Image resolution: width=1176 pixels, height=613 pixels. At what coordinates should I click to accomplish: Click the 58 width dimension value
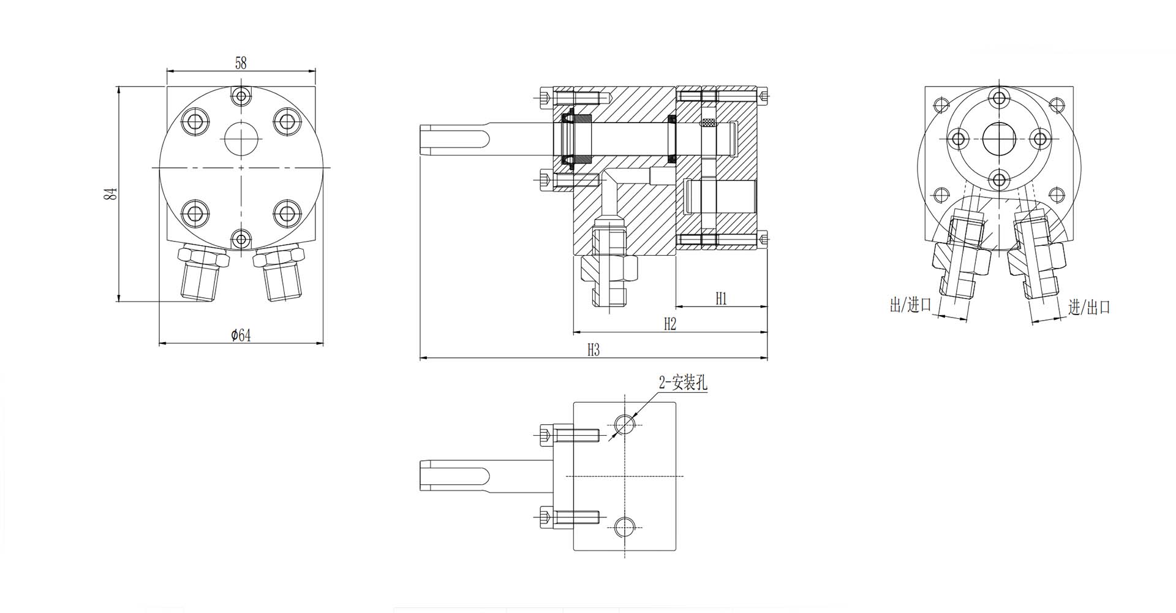click(x=241, y=63)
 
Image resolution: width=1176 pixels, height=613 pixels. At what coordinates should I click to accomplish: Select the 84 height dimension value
click(x=110, y=194)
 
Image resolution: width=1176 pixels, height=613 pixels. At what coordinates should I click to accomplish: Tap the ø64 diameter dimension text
click(x=241, y=335)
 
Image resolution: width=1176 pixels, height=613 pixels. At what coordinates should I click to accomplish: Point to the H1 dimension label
click(x=721, y=299)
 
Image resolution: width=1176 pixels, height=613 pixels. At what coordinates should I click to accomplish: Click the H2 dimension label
click(x=669, y=324)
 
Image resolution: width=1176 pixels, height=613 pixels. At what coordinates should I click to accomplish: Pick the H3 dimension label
click(x=593, y=349)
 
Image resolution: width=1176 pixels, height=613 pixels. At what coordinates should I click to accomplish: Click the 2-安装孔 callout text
click(x=683, y=383)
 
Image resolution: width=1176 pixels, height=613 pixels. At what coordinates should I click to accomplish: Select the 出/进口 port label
click(x=910, y=305)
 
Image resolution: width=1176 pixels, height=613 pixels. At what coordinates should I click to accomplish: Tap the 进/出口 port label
click(x=1089, y=307)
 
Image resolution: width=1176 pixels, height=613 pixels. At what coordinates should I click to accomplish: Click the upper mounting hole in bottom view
click(x=624, y=423)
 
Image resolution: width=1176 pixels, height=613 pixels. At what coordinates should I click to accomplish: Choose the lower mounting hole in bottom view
click(x=624, y=527)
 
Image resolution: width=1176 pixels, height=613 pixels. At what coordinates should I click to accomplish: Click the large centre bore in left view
click(x=241, y=138)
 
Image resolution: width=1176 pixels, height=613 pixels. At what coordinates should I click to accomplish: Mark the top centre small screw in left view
click(x=241, y=96)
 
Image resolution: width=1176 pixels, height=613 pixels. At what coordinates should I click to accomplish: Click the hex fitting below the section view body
click(x=609, y=270)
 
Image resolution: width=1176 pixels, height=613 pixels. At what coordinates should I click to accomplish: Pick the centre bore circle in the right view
click(x=1000, y=139)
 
